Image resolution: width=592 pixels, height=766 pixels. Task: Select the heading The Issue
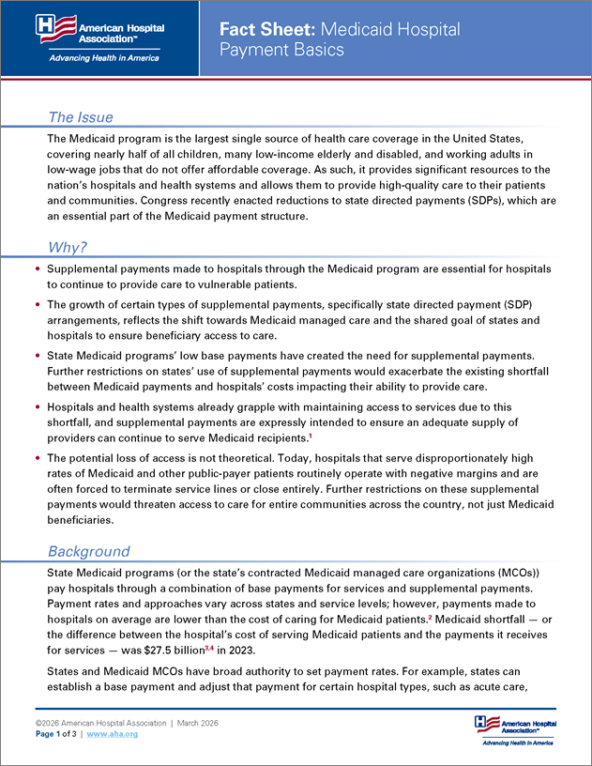click(81, 117)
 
